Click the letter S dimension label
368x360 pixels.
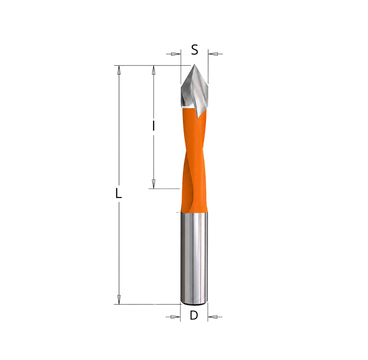[x=194, y=50]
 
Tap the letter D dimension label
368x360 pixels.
[x=194, y=315]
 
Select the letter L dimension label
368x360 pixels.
[x=119, y=193]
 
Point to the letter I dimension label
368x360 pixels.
[x=153, y=126]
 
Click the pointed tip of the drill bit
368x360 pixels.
[x=194, y=64]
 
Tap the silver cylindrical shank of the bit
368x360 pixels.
[x=194, y=258]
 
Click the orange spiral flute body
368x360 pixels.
[x=194, y=162]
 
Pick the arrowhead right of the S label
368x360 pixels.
[x=213, y=54]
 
